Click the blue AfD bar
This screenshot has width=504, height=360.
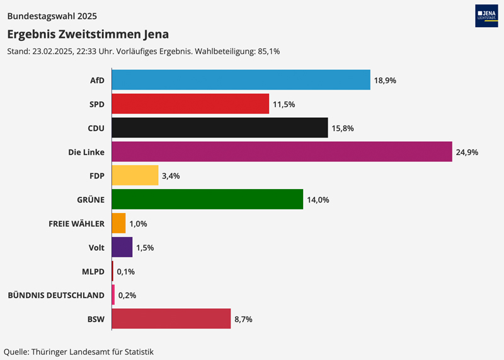pos(241,80)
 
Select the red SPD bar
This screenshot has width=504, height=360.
pos(190,103)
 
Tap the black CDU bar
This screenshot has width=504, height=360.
pos(220,127)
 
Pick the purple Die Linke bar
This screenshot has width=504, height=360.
pos(282,151)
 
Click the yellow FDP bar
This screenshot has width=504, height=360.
pos(135,175)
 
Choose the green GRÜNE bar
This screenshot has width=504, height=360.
pos(207,199)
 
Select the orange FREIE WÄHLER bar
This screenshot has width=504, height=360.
pos(118,223)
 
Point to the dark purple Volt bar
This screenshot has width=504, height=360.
pos(122,247)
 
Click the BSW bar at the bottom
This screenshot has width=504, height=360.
pos(171,319)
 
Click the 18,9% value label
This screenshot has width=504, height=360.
pos(385,80)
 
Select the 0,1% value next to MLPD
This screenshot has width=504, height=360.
pos(126,272)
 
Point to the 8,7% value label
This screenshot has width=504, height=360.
pos(243,320)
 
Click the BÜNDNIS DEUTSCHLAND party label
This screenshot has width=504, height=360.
pos(55,295)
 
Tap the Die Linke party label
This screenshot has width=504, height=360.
pos(86,152)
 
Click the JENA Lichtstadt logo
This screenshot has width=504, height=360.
pos(486,16)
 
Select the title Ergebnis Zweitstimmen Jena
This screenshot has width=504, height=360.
pos(88,34)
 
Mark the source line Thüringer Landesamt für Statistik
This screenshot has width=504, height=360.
pos(79,351)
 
